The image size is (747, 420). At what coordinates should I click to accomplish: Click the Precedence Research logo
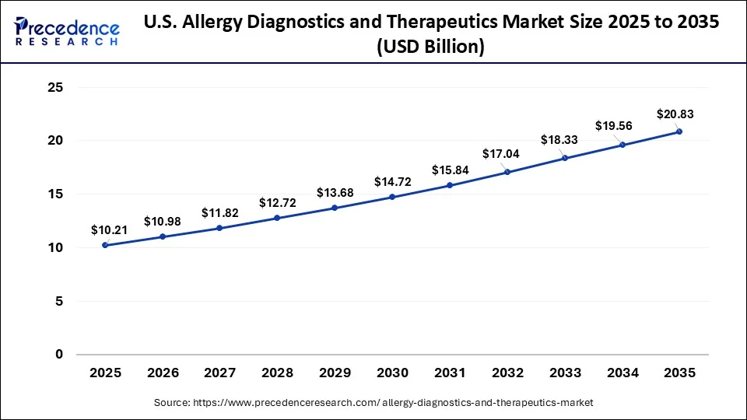[x=67, y=32]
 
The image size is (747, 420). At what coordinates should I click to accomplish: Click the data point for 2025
[x=105, y=245]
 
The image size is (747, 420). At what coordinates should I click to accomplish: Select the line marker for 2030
[x=392, y=197]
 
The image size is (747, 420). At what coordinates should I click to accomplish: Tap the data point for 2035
[x=679, y=131]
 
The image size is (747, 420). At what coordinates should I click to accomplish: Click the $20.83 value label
[x=675, y=114]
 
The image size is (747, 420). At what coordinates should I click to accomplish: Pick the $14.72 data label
[x=392, y=181]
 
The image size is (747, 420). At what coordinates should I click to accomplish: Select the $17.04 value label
[x=501, y=154]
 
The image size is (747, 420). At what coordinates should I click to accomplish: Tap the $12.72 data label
[x=277, y=203]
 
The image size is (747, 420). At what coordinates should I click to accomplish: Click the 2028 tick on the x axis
[x=277, y=373]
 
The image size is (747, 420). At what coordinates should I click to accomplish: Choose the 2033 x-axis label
[x=564, y=373]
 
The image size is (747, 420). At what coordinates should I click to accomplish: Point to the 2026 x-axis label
[x=162, y=373]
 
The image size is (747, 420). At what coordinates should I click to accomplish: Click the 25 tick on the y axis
[x=54, y=88]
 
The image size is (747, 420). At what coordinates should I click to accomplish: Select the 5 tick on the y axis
[x=58, y=301]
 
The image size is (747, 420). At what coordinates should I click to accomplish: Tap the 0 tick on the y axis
[x=58, y=355]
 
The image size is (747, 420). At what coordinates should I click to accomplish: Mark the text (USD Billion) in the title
[x=430, y=47]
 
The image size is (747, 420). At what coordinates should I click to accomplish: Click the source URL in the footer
[x=373, y=403]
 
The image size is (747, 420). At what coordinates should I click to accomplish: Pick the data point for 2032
[x=507, y=172]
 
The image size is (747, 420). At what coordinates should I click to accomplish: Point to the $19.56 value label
[x=615, y=125]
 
